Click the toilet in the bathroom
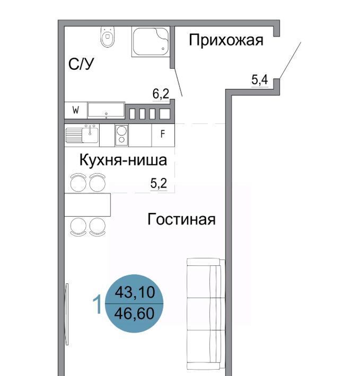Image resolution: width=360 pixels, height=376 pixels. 108,37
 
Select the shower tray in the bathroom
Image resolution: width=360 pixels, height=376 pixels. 151,41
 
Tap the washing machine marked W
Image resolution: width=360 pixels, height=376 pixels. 76,110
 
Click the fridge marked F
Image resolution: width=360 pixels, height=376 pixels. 163,135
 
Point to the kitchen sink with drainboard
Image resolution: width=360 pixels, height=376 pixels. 82,135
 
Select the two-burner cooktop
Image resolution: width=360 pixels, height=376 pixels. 121,135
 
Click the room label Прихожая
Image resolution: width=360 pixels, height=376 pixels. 226,40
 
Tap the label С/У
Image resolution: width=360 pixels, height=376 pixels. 81,64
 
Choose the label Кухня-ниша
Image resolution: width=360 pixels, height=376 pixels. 123,160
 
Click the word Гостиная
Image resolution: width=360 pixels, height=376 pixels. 181,219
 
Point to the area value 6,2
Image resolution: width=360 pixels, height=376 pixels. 161,94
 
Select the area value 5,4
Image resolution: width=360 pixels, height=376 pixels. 260,79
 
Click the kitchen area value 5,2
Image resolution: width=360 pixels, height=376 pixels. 159,183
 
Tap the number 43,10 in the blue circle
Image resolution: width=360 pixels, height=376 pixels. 135,292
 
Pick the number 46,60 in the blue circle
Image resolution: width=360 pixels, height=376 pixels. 134,314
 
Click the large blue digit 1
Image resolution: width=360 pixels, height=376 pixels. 97,305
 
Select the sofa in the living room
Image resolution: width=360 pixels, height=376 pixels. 206,314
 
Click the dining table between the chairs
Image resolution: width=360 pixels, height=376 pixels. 87,205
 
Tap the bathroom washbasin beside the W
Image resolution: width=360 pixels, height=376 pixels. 106,110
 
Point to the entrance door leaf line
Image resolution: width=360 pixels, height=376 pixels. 290,60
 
